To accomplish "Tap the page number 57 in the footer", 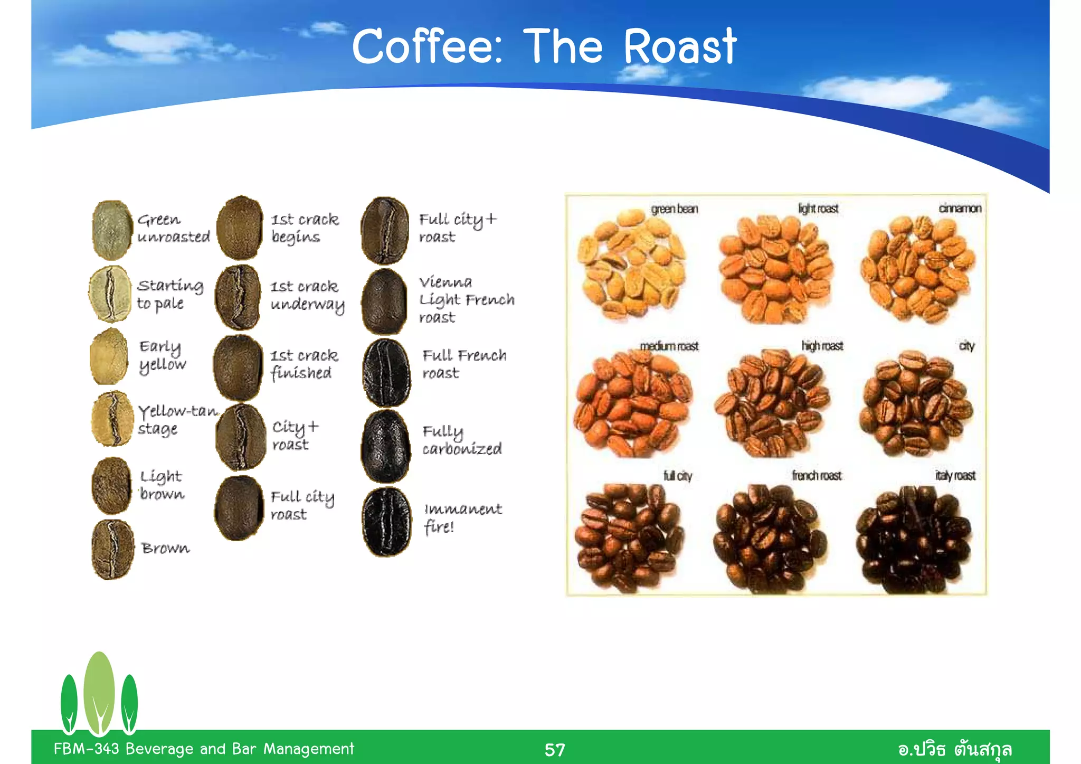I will (x=554, y=750).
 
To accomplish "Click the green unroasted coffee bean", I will (x=111, y=230).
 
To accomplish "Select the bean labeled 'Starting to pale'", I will (x=110, y=294).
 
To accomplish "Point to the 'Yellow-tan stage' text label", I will (x=177, y=420).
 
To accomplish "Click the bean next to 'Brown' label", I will (x=112, y=549).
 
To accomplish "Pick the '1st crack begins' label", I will (x=305, y=228).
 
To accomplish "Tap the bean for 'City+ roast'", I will (x=241, y=437).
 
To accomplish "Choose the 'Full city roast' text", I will (x=302, y=505).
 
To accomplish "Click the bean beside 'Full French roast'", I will (x=386, y=372).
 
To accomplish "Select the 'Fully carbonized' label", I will (x=462, y=440).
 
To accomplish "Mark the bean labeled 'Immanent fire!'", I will (x=386, y=522).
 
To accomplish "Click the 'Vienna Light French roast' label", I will (x=466, y=299).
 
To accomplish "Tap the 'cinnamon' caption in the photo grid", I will (x=960, y=209).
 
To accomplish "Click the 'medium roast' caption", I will (x=669, y=346).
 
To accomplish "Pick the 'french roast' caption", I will (x=817, y=476).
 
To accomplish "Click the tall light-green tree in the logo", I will (x=99, y=692).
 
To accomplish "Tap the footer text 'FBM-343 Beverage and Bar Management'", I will (x=204, y=749).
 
